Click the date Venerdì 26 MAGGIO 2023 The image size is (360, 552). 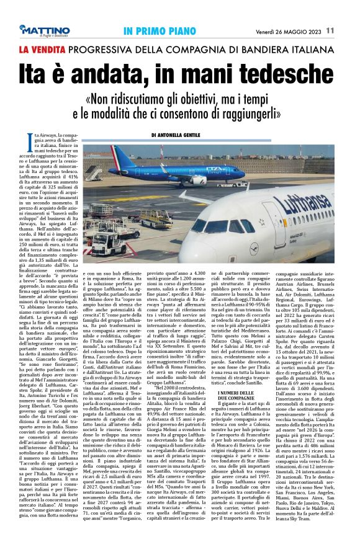[290, 30]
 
